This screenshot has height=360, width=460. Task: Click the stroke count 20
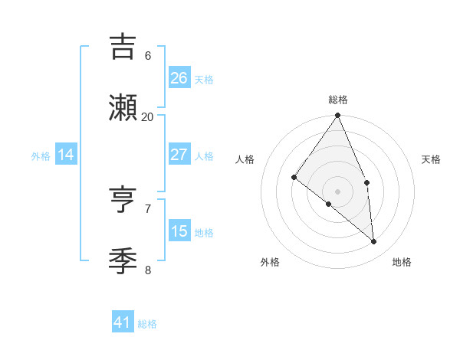pos(147,116)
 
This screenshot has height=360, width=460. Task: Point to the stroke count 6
pos(147,55)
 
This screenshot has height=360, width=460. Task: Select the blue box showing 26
pos(179,77)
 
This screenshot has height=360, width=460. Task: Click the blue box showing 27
pos(179,155)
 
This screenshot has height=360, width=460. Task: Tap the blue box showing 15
pos(179,231)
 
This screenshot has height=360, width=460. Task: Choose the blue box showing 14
pos(66,155)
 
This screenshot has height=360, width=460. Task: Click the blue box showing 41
pos(123,322)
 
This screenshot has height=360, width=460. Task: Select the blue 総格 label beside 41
pos(147,324)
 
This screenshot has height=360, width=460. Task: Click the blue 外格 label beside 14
pos(41,156)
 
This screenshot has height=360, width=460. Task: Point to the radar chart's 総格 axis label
pos(338,100)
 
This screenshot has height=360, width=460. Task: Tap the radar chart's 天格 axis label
pos(431,159)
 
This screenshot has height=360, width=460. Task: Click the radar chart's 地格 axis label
pos(402,262)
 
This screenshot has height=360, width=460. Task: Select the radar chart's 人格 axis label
pos(245,159)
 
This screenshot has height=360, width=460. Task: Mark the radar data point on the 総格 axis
pos(338,116)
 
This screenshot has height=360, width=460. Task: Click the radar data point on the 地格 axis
pos(374,241)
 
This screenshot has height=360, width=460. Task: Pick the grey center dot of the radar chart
pos(338,191)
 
